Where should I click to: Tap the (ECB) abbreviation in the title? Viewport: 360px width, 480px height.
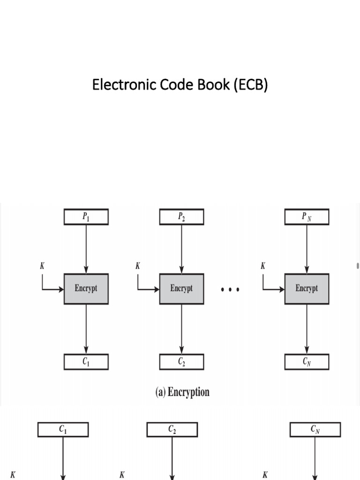click(251, 85)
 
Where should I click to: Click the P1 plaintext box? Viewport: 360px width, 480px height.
click(86, 217)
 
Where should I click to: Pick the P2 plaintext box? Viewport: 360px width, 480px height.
click(181, 217)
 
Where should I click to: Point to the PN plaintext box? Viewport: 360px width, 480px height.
click(307, 217)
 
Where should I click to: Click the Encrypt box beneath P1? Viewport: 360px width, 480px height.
click(86, 289)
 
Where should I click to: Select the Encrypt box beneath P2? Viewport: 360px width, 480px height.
click(181, 289)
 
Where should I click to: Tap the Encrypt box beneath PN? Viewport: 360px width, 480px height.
click(307, 289)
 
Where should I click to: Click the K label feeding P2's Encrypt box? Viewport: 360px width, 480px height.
click(137, 266)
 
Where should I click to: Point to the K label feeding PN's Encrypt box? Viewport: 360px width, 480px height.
click(262, 266)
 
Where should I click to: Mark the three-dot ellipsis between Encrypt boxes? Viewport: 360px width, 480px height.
click(230, 290)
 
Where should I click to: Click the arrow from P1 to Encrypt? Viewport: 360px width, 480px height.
click(86, 248)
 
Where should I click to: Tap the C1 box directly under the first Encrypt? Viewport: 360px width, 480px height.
click(86, 361)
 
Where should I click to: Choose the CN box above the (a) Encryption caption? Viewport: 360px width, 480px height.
click(307, 361)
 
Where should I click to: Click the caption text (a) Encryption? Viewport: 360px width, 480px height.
click(182, 392)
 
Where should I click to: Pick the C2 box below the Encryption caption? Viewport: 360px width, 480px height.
click(172, 429)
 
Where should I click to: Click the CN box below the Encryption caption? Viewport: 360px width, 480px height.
click(315, 429)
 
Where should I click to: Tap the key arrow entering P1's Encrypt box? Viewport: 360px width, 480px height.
click(52, 289)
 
